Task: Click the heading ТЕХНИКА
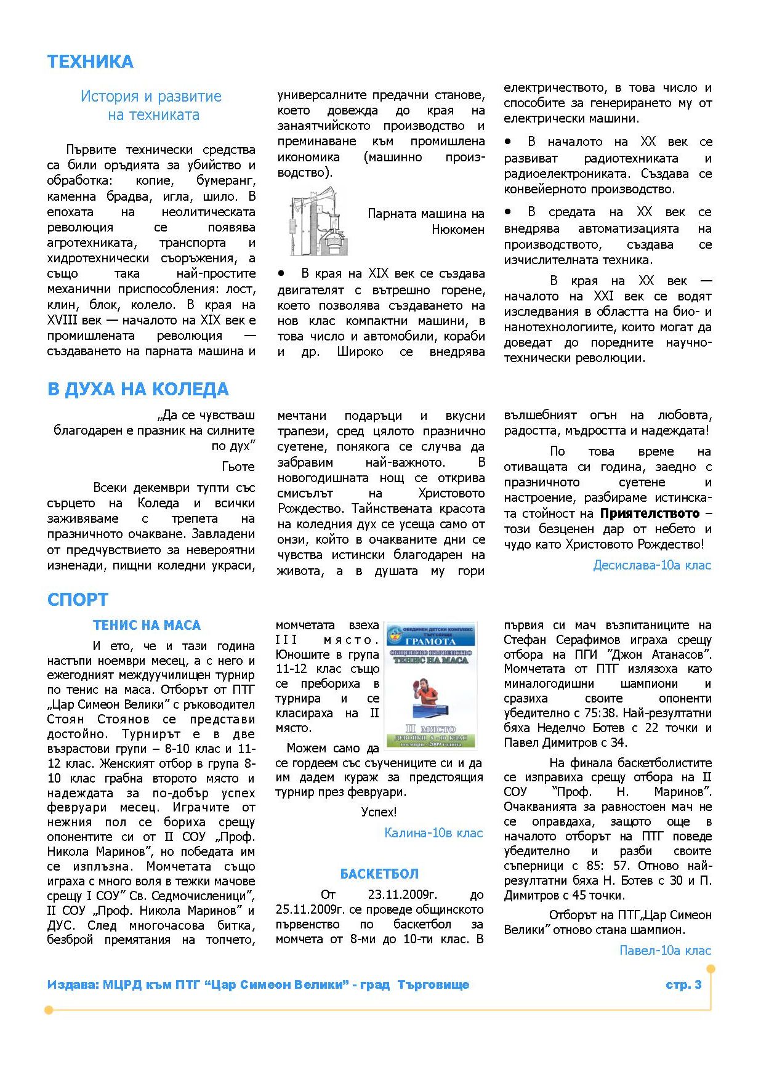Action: click(x=90, y=62)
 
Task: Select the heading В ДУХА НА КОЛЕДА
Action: click(x=138, y=389)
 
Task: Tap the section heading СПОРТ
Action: click(x=78, y=600)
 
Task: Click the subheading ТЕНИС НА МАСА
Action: click(x=147, y=626)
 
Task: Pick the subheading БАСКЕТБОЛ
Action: click(x=379, y=874)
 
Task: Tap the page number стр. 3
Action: click(x=683, y=984)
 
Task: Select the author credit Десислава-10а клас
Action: click(x=651, y=565)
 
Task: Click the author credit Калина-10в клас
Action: click(x=433, y=833)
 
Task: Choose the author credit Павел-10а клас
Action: click(x=665, y=951)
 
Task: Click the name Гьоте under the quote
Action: click(x=238, y=467)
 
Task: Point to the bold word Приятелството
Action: click(x=650, y=513)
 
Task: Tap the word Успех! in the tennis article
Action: click(x=379, y=812)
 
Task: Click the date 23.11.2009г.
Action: click(x=403, y=895)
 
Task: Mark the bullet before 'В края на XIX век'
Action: click(x=281, y=273)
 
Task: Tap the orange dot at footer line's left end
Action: click(x=49, y=1010)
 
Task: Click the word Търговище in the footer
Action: click(x=433, y=984)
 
